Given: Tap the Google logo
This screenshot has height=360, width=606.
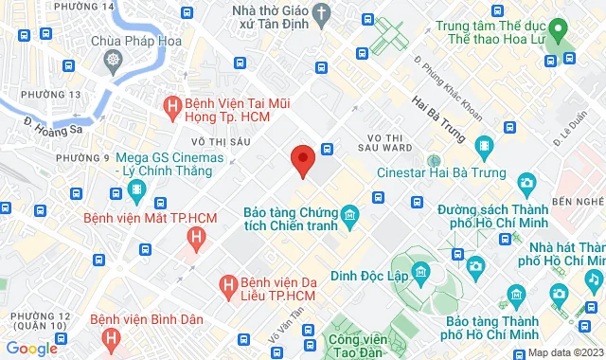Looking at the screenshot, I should coord(31,348).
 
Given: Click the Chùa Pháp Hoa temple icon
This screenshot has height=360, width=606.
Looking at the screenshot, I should coord(114,62).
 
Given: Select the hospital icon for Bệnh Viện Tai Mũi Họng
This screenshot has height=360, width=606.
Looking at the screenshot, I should coord(172,106).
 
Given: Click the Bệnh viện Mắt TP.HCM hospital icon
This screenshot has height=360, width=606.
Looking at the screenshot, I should coord(135,192).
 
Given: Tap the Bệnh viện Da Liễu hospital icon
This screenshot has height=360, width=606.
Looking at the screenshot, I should coord(228,283).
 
